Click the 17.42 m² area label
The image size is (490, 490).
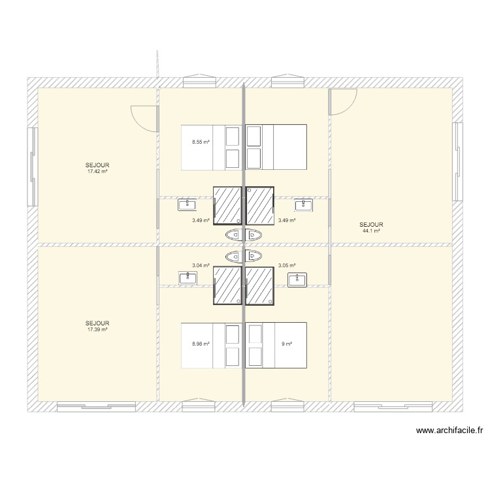[97, 171]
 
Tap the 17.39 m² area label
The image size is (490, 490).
[97, 329]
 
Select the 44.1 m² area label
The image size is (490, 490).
[372, 231]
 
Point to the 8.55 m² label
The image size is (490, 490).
[201, 142]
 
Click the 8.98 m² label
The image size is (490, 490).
[201, 344]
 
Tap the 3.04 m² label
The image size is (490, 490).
[201, 265]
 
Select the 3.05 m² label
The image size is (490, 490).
[287, 265]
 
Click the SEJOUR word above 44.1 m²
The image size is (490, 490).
[372, 225]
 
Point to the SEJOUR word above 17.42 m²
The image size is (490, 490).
[97, 165]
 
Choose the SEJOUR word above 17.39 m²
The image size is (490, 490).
[97, 323]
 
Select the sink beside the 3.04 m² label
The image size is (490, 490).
[187, 278]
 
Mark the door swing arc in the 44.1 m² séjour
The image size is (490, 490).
[344, 102]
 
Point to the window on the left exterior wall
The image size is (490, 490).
[32, 167]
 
